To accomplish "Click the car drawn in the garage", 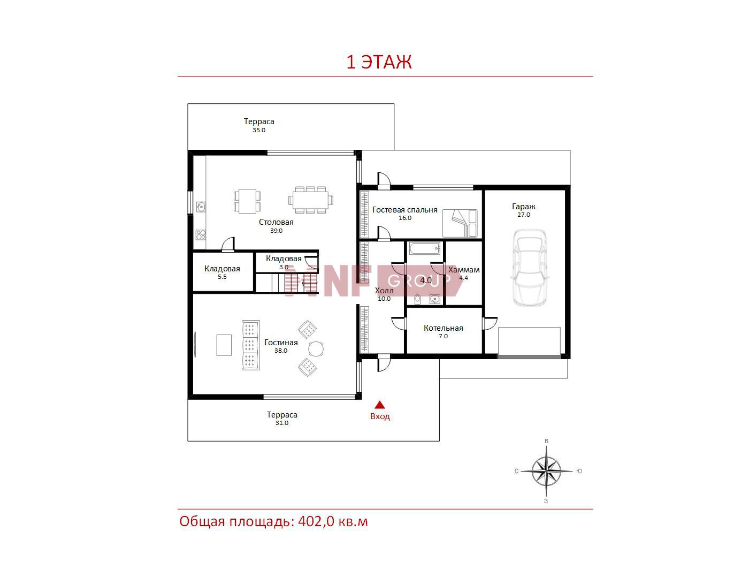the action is pos(530,268).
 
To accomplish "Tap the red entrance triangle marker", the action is pos(379,405).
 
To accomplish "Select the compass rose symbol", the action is pos(546,471).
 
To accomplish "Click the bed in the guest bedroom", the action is pos(459,223).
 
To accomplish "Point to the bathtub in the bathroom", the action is pos(425,248).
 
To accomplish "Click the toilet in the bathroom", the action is pos(417,299).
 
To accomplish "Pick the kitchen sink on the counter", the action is pos(201,207).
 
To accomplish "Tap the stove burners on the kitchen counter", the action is pos(201,235).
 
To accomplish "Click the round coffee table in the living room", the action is pos(316,349).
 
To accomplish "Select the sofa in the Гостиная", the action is pos(251,345).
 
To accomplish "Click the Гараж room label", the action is pos(523,207).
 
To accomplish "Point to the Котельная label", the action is pos(444,328).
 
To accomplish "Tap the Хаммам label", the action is pos(464,270).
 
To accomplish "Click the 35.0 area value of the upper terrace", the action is pos(258,130).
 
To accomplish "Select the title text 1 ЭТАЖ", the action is pos(379,62).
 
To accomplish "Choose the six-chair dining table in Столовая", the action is pos(310,200).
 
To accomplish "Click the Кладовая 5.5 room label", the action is pos(222,272).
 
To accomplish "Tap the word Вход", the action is pos(380,416).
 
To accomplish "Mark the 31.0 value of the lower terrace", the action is pos(282,423).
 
